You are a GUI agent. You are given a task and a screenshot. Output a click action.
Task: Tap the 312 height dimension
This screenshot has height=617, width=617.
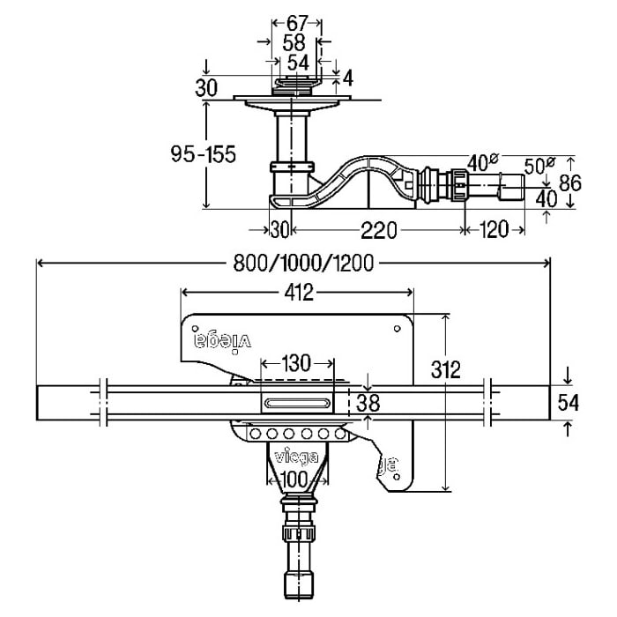(448, 369)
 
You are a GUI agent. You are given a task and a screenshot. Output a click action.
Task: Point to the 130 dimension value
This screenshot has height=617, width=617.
(298, 363)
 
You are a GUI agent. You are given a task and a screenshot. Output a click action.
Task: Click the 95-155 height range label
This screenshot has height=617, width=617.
(203, 154)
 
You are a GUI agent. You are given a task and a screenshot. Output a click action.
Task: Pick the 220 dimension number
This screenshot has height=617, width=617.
(377, 230)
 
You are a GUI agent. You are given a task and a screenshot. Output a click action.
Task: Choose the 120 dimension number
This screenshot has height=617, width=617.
(494, 230)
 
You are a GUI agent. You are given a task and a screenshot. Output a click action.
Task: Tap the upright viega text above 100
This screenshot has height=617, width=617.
(298, 456)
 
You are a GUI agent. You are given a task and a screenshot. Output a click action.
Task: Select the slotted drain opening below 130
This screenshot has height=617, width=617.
(298, 402)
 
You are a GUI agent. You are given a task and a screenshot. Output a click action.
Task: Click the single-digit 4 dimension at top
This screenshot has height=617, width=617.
(347, 79)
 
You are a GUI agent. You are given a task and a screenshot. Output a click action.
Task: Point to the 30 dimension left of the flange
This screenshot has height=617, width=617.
(207, 87)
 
